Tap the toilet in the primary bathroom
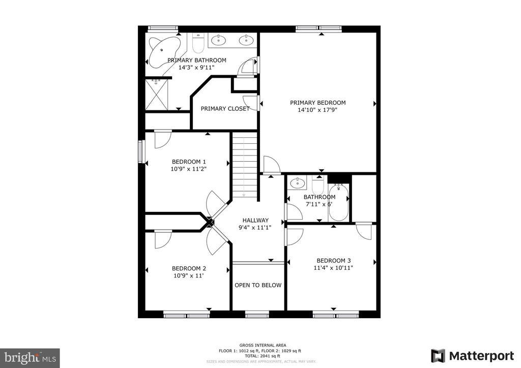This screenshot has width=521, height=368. [198, 44]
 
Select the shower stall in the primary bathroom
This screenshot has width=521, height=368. [158, 95]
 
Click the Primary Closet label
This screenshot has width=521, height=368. [225, 109]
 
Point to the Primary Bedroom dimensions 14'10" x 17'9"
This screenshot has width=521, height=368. [317, 109]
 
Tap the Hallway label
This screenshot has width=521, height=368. [255, 220]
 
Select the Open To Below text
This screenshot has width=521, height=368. [258, 285]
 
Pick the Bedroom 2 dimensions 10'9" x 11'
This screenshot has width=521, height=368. [189, 275]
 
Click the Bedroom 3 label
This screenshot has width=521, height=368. [334, 260]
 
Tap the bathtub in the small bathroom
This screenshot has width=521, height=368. [339, 203]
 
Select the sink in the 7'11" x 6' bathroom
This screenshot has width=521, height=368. [297, 182]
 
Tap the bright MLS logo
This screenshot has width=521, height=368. [30, 358]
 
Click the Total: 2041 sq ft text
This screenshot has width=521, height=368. [260, 356]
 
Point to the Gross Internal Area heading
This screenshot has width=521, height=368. [260, 345]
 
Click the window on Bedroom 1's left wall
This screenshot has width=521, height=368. [141, 152]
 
